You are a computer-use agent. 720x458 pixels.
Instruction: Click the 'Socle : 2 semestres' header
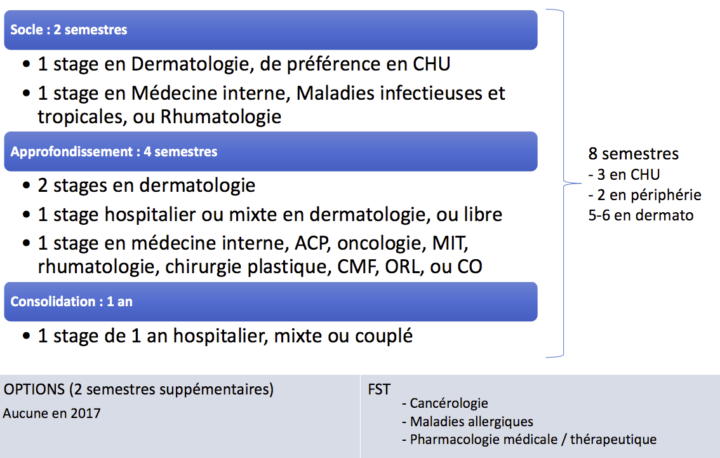pyautogui.click(x=69, y=30)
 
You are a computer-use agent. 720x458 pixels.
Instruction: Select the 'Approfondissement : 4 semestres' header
pyautogui.click(x=114, y=152)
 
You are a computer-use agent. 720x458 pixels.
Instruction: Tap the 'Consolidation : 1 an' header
pyautogui.click(x=71, y=301)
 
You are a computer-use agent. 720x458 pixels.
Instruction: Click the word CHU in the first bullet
pyautogui.click(x=431, y=64)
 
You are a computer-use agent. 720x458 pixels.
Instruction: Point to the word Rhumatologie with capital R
pyautogui.click(x=220, y=117)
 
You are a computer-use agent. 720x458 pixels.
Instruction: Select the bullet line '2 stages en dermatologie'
pyautogui.click(x=147, y=185)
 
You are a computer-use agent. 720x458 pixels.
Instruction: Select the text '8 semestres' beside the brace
pyautogui.click(x=633, y=154)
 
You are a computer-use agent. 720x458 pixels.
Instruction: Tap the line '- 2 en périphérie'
pyautogui.click(x=644, y=195)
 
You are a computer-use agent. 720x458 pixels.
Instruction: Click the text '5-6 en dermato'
pyautogui.click(x=641, y=215)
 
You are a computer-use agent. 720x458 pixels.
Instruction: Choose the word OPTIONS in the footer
pyautogui.click(x=34, y=389)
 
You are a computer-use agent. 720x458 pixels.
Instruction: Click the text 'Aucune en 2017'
pyautogui.click(x=52, y=414)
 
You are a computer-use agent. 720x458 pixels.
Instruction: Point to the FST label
pyautogui.click(x=379, y=389)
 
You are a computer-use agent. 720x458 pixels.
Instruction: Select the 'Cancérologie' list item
pyautogui.click(x=445, y=403)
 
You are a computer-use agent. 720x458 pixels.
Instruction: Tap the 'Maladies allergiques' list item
pyautogui.click(x=467, y=422)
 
